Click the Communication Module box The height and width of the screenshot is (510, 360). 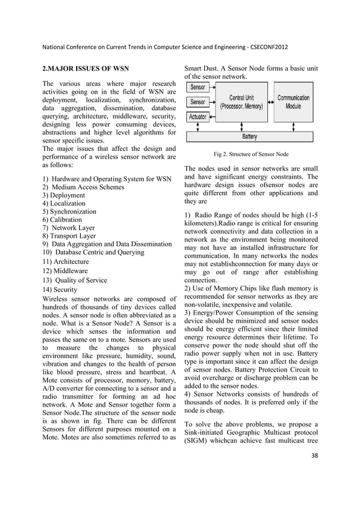point(297,101)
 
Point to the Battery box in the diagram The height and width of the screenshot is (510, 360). point(250,136)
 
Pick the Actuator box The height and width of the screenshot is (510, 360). point(198,117)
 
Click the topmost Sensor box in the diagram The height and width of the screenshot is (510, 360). point(198,88)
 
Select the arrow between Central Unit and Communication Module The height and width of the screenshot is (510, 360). point(272,102)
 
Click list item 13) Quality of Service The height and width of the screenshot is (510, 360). point(74,280)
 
